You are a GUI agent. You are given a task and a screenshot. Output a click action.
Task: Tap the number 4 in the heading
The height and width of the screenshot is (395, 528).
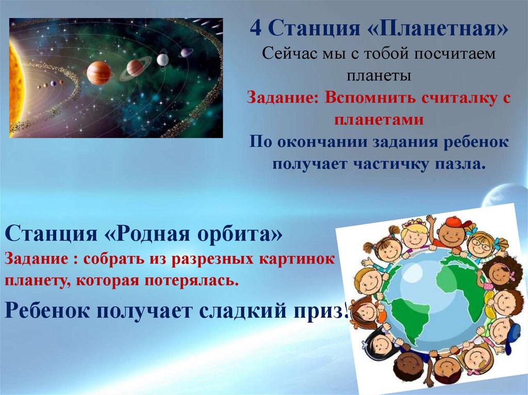click(256, 28)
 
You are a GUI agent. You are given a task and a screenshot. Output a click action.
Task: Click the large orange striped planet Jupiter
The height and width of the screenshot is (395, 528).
click(98, 73)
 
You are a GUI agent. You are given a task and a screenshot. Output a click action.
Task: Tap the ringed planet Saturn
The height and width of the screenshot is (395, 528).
click(135, 68)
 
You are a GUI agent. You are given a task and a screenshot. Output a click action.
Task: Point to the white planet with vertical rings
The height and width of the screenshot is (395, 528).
click(162, 60)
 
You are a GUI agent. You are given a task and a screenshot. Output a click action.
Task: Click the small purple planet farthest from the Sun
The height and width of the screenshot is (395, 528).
click(185, 53)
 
